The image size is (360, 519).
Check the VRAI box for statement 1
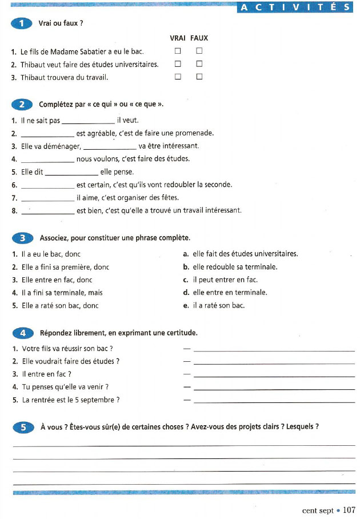178,51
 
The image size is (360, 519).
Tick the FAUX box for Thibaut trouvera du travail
199,77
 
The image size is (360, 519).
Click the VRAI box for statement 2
178,63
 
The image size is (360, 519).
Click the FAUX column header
199,38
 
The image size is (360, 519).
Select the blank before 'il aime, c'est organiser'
47,198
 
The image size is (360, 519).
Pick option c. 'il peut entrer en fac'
221,280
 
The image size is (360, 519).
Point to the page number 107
350,510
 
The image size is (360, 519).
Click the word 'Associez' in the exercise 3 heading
54,238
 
